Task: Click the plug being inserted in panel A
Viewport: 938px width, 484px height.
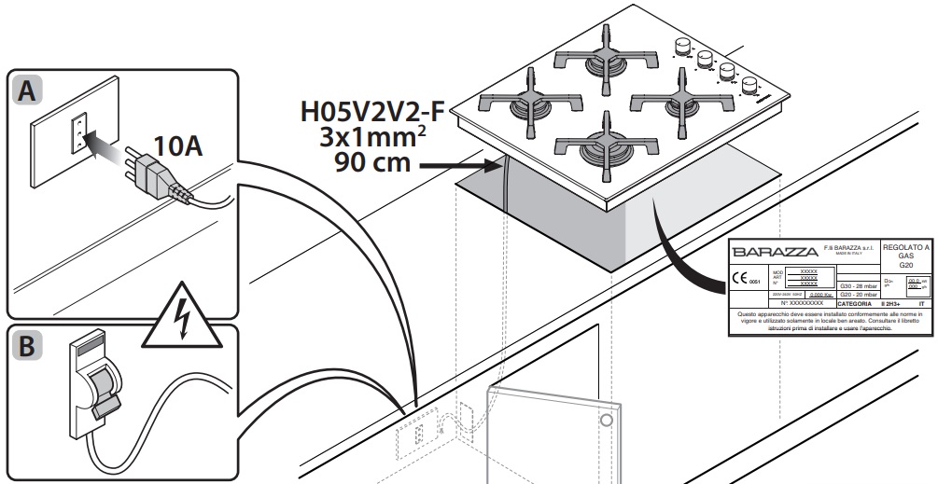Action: tap(148, 172)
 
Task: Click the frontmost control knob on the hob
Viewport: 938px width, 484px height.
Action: tap(749, 87)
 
